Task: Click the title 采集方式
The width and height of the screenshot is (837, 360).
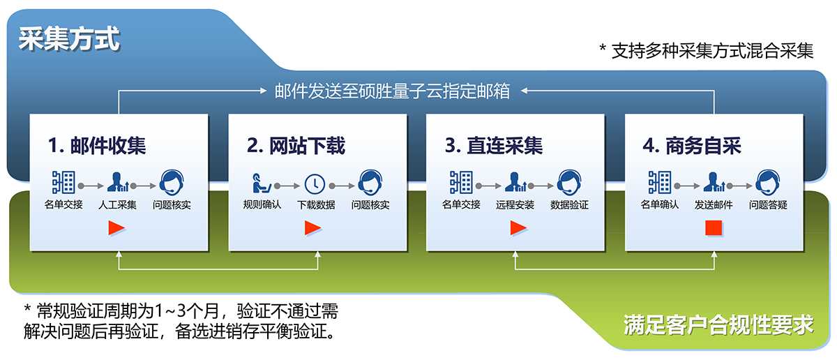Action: tap(69, 38)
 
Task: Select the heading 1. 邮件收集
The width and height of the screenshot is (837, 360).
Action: tap(97, 145)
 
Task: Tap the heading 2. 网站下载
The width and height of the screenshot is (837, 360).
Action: tap(296, 145)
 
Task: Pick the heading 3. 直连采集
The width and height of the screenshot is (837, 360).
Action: tap(494, 145)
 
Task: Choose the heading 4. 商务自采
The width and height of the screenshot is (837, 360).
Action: tap(692, 145)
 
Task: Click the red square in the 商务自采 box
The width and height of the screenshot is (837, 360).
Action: tap(714, 228)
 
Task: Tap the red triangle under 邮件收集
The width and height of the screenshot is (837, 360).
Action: tap(116, 228)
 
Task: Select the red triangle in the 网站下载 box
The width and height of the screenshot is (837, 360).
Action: tap(312, 228)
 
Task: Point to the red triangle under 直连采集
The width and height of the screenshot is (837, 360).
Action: tap(518, 228)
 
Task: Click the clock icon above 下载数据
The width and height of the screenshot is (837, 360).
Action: tap(315, 184)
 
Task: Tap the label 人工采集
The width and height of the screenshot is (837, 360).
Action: tap(117, 205)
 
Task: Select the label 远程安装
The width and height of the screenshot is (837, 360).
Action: tap(515, 205)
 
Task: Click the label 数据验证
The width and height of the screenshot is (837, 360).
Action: tap(569, 205)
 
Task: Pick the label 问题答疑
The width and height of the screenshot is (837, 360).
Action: tap(768, 205)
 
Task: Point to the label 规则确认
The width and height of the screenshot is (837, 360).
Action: tap(262, 205)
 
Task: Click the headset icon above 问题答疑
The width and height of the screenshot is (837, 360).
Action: tap(767, 182)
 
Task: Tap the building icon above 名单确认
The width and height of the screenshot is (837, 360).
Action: tap(660, 182)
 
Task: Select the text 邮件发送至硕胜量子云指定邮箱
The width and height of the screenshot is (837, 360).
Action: tap(392, 91)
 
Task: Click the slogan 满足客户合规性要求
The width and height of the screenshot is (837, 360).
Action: tap(718, 324)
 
